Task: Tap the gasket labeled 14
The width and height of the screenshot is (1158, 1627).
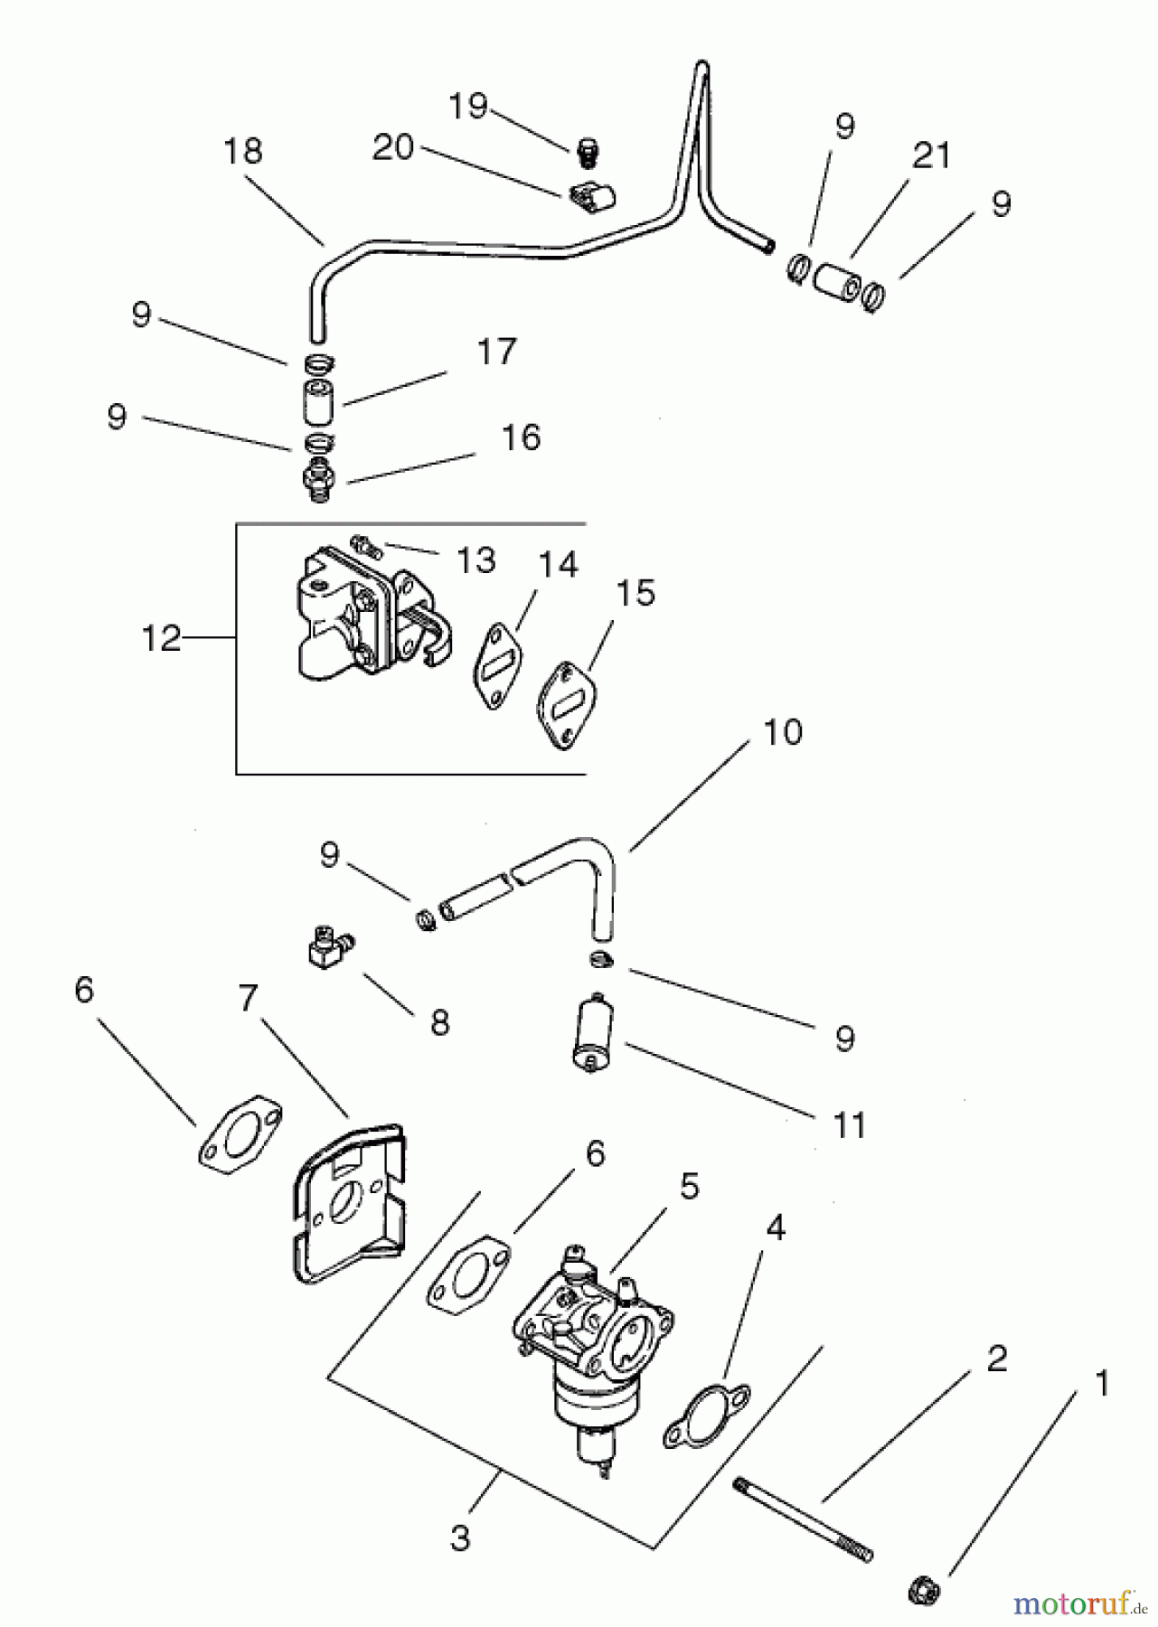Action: point(498,666)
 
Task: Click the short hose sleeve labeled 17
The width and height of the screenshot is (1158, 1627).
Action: point(317,403)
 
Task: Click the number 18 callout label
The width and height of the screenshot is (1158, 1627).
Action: point(242,150)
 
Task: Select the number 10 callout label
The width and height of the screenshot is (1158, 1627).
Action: point(783,732)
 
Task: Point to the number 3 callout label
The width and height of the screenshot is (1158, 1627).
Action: point(460,1538)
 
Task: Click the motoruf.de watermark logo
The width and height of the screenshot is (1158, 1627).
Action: point(1072,1603)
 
